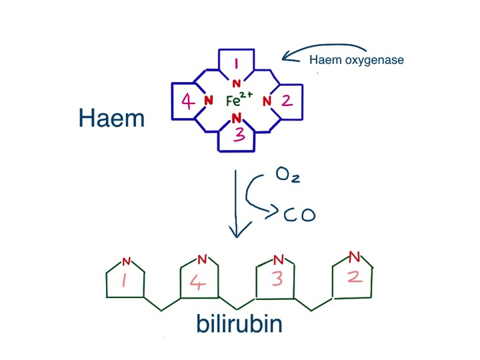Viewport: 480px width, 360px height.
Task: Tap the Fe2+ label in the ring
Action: pyautogui.click(x=238, y=101)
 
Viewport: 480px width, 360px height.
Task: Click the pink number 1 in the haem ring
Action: pyautogui.click(x=235, y=64)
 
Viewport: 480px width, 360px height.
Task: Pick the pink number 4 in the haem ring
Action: pyautogui.click(x=188, y=102)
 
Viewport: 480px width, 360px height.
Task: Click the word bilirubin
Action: pyautogui.click(x=239, y=324)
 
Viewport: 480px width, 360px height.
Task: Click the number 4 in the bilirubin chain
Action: pyautogui.click(x=199, y=282)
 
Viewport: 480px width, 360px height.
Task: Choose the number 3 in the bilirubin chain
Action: pyautogui.click(x=277, y=279)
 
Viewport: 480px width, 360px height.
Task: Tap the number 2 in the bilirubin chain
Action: pyautogui.click(x=355, y=275)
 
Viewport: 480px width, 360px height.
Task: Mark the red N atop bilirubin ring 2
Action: pyautogui.click(x=355, y=256)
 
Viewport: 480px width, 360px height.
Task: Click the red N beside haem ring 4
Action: pyautogui.click(x=208, y=101)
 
